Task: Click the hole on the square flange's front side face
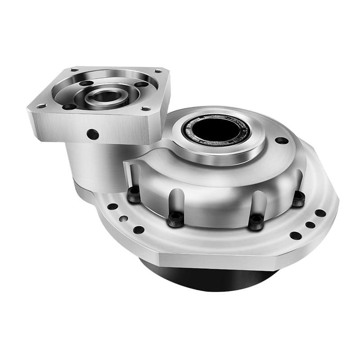(x=93, y=134)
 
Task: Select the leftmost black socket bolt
(x=134, y=194)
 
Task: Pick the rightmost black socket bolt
(x=298, y=198)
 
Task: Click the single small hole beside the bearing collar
(x=282, y=140)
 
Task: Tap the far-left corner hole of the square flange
(x=41, y=106)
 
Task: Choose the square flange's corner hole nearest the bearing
(x=145, y=108)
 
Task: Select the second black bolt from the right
(x=256, y=222)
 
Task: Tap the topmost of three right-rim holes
(x=320, y=213)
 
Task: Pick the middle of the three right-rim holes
(x=310, y=225)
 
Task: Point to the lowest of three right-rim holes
(x=295, y=235)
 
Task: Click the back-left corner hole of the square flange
(x=74, y=70)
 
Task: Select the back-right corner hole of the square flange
(x=158, y=71)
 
